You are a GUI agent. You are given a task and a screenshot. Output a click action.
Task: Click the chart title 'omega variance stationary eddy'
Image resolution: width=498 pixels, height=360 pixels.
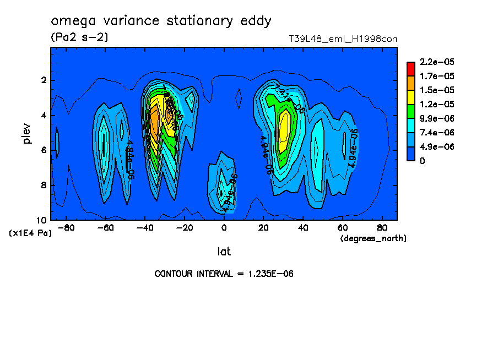pyautogui.click(x=161, y=21)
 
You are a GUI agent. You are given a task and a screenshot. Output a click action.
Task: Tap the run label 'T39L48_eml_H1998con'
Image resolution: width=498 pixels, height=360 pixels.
pyautogui.click(x=343, y=39)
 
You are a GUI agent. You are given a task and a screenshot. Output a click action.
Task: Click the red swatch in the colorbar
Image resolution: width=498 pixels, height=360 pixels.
pyautogui.click(x=411, y=68)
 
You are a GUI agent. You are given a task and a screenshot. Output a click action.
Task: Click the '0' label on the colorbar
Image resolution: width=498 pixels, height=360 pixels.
pyautogui.click(x=422, y=161)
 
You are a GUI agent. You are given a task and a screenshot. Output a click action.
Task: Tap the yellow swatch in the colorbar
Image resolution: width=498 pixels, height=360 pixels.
pyautogui.click(x=411, y=97)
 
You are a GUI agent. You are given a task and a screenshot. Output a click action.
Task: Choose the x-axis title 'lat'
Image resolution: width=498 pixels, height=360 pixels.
pyautogui.click(x=224, y=252)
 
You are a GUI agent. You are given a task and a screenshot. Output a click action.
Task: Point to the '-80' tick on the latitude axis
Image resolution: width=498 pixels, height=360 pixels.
pyautogui.click(x=66, y=227)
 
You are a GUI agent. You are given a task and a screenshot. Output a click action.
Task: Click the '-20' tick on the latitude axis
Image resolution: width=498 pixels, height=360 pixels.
pyautogui.click(x=184, y=227)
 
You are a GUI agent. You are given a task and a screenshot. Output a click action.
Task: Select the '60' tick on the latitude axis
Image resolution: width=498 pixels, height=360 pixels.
pyautogui.click(x=342, y=227)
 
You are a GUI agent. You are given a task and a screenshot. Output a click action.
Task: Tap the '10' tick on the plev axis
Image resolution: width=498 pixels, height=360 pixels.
pyautogui.click(x=42, y=220)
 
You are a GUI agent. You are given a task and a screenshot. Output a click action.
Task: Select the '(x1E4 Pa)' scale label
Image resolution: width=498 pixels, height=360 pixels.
pyautogui.click(x=30, y=233)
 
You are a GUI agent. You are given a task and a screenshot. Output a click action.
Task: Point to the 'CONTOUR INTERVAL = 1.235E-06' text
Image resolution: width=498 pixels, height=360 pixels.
pyautogui.click(x=224, y=274)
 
